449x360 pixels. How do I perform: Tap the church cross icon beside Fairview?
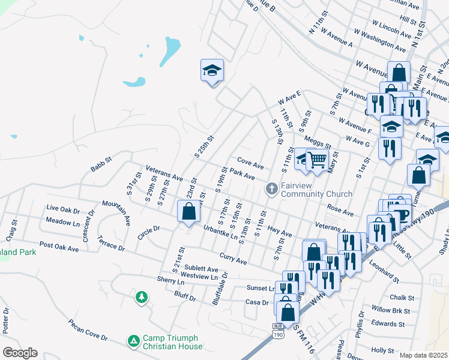click(x=271, y=190)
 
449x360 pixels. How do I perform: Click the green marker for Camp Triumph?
click(x=133, y=341)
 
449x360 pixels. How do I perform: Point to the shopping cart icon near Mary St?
click(x=316, y=159)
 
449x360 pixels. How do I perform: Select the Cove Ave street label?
click(x=250, y=163)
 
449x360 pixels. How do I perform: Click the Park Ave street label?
click(x=243, y=175)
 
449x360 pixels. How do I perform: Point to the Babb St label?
click(x=101, y=164)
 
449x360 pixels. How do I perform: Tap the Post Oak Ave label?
click(x=59, y=247)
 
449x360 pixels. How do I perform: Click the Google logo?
click(x=20, y=353)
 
